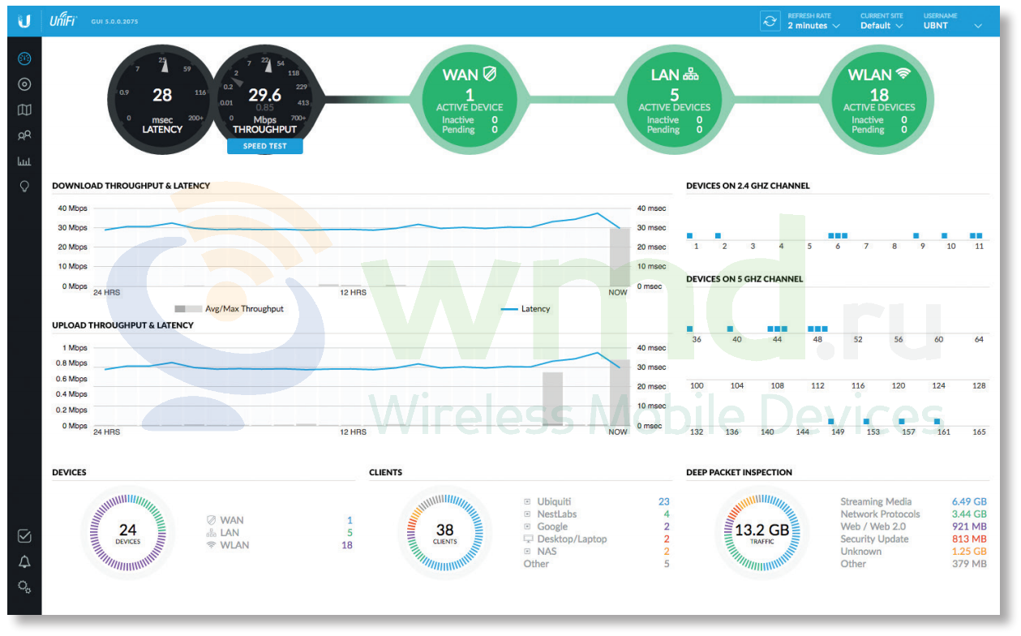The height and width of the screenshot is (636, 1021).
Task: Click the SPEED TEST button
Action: click(x=265, y=146)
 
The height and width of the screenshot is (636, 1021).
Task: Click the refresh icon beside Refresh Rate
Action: click(x=770, y=21)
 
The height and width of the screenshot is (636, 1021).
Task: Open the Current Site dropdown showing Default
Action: click(x=881, y=25)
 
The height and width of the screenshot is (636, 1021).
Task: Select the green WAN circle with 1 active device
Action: click(x=470, y=100)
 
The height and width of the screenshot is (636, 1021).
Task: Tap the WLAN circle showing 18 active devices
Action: click(x=879, y=100)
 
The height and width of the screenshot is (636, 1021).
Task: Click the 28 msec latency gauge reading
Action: click(x=162, y=95)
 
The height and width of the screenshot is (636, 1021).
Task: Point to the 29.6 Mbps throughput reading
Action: click(x=265, y=95)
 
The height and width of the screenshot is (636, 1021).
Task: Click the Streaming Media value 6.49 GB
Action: click(x=969, y=501)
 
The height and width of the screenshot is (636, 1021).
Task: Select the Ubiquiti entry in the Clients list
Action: click(x=554, y=501)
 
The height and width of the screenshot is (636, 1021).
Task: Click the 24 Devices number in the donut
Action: click(x=127, y=529)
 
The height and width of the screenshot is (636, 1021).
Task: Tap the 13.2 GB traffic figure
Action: click(x=761, y=530)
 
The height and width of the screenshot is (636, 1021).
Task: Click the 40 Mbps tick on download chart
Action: click(x=72, y=208)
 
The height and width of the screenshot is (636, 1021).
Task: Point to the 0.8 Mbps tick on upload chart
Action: click(x=71, y=363)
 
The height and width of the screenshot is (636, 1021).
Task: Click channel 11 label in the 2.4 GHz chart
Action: click(x=979, y=246)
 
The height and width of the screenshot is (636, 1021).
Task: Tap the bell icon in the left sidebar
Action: click(x=24, y=561)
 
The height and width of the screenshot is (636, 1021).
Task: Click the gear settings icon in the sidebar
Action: click(x=24, y=587)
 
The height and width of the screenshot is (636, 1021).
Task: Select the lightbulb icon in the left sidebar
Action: click(x=24, y=187)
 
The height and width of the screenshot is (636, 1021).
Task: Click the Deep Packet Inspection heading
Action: click(x=739, y=472)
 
